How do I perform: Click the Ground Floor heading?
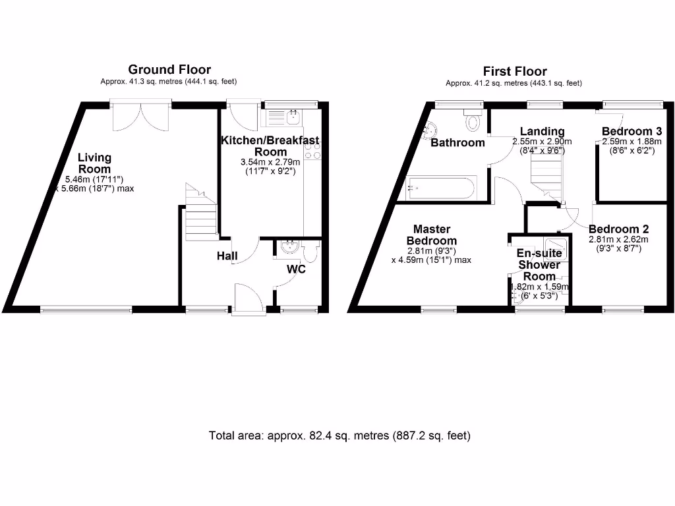pyautogui.click(x=169, y=69)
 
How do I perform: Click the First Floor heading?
pyautogui.click(x=515, y=71)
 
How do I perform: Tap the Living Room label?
pyautogui.click(x=94, y=163)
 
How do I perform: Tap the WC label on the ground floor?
pyautogui.click(x=296, y=269)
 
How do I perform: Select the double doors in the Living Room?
pyautogui.click(x=140, y=116)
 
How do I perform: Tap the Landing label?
pyautogui.click(x=542, y=131)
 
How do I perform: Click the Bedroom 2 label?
pyautogui.click(x=618, y=229)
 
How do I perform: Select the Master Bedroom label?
pyautogui.click(x=432, y=235)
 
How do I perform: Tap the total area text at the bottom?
pyautogui.click(x=339, y=436)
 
